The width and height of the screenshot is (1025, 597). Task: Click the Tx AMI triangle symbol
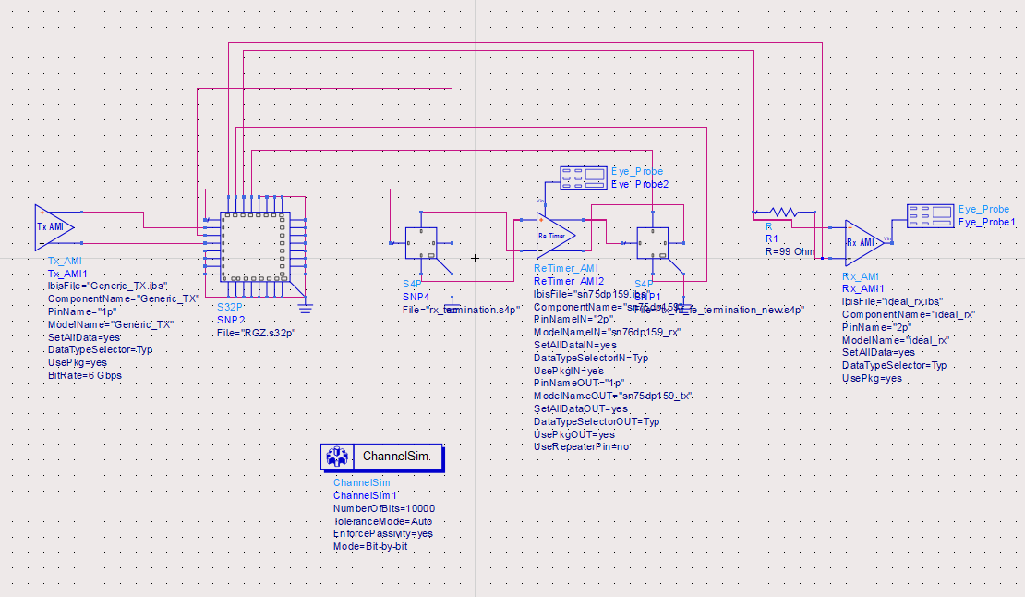(x=53, y=227)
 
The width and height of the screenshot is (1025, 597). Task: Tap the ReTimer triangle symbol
(x=556, y=235)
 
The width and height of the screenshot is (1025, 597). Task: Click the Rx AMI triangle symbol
(x=863, y=241)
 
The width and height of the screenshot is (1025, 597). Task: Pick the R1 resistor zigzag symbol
(x=778, y=212)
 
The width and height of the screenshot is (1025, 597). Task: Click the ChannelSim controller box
(x=382, y=457)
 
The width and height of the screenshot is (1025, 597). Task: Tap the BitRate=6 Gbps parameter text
(x=85, y=376)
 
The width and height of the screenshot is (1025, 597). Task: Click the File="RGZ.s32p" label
(x=256, y=333)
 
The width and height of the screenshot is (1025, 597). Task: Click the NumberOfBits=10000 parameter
(x=383, y=508)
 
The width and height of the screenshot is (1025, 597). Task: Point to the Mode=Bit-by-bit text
(x=370, y=547)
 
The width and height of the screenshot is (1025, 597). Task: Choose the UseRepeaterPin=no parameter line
(x=582, y=447)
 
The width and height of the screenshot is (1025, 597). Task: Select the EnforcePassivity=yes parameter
(x=382, y=534)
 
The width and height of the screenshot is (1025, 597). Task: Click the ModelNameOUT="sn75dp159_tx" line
(x=613, y=396)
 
